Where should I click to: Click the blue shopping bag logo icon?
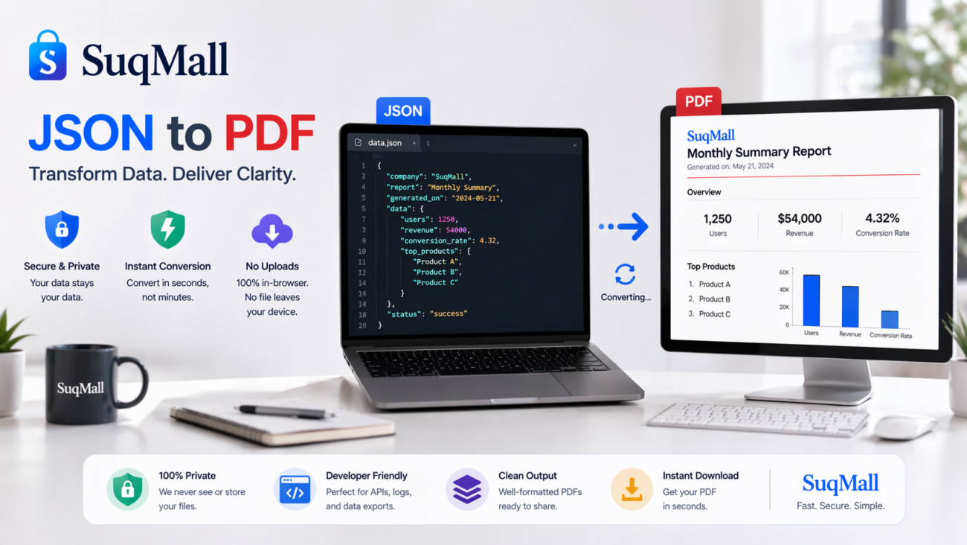pyautogui.click(x=48, y=57)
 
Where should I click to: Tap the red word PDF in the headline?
pyautogui.click(x=269, y=133)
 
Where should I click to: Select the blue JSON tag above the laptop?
pyautogui.click(x=402, y=111)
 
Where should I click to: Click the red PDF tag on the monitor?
pyautogui.click(x=698, y=102)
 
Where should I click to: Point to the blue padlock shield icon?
pyautogui.click(x=62, y=229)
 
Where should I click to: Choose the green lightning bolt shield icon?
pyautogui.click(x=167, y=229)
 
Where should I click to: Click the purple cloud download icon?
pyautogui.click(x=272, y=232)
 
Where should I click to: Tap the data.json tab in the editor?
pyautogui.click(x=384, y=143)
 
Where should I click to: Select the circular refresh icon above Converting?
pyautogui.click(x=625, y=274)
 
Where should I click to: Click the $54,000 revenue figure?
pyautogui.click(x=799, y=219)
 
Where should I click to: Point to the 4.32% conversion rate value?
pyautogui.click(x=882, y=218)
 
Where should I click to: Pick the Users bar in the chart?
pyautogui.click(x=811, y=300)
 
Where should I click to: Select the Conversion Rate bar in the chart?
pyautogui.click(x=890, y=319)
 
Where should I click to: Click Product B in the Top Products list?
pyautogui.click(x=714, y=299)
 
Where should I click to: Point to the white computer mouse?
pyautogui.click(x=904, y=427)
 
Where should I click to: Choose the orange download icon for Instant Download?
pyautogui.click(x=632, y=489)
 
